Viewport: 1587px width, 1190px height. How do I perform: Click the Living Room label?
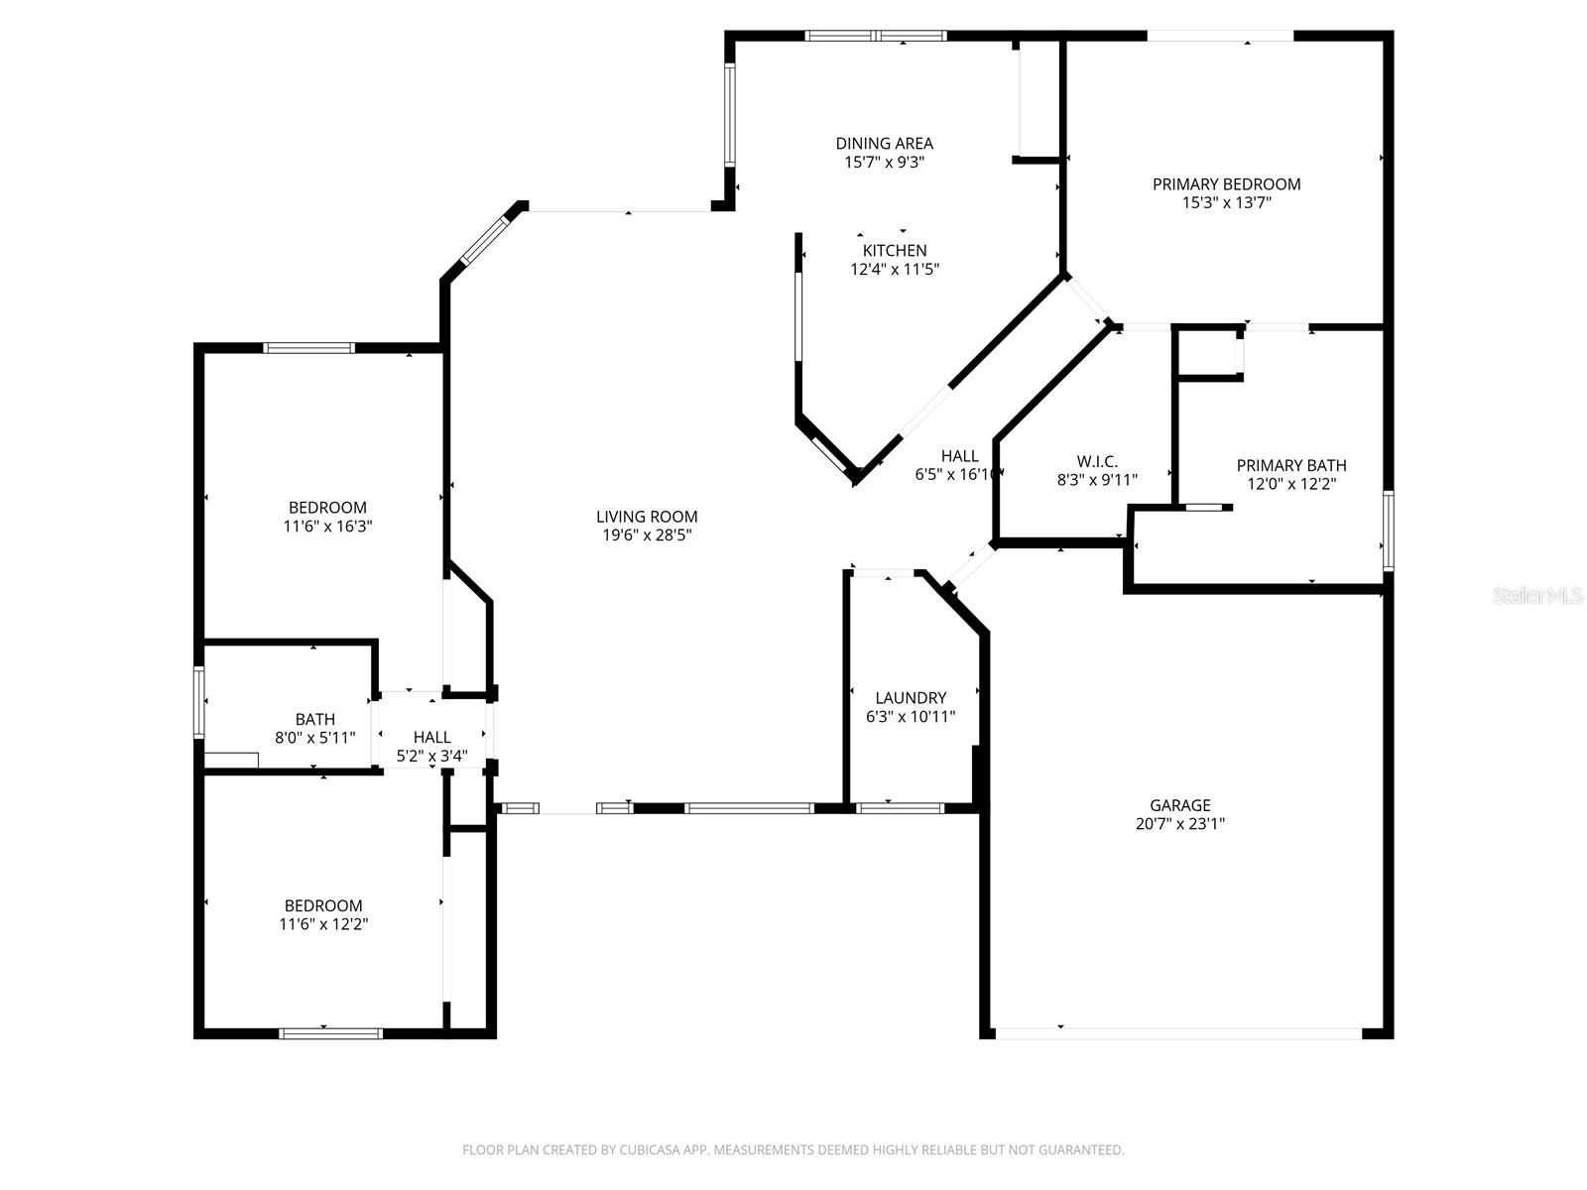[647, 516]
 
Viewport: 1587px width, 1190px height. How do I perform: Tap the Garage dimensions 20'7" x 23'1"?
[1180, 823]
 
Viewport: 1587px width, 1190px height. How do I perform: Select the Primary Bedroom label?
[1226, 184]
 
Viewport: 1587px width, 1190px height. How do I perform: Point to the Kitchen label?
[895, 251]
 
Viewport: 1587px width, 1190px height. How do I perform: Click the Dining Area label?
[884, 144]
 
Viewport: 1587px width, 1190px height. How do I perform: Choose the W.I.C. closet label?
[1097, 461]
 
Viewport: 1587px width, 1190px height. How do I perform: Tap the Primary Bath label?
[1291, 465]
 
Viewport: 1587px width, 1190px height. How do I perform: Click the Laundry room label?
[911, 698]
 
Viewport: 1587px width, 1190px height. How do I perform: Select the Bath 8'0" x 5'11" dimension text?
[314, 737]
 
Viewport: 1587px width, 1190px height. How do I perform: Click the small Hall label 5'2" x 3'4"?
[431, 737]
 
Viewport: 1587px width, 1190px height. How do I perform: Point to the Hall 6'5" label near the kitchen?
[959, 456]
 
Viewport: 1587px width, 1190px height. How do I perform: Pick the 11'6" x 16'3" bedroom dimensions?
[327, 527]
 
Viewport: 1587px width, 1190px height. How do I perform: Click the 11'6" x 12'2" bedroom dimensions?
[323, 924]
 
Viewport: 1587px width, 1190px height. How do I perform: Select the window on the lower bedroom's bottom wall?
[330, 1033]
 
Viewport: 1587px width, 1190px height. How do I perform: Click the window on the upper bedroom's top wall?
[308, 348]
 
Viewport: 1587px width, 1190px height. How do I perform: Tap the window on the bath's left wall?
[199, 702]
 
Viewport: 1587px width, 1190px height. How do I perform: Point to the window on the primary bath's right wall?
[1388, 531]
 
